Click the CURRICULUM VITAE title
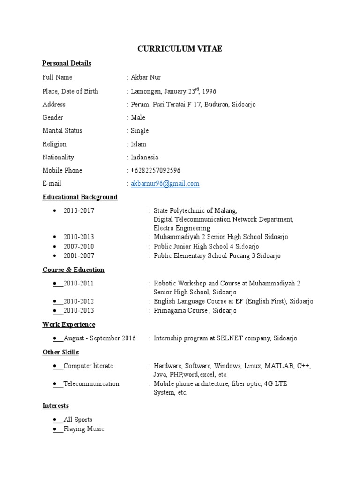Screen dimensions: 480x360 pyautogui.click(x=180, y=49)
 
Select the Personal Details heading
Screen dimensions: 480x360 pyautogui.click(x=67, y=63)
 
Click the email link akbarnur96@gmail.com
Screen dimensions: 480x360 pyautogui.click(x=165, y=184)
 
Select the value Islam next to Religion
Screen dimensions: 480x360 pyautogui.click(x=138, y=144)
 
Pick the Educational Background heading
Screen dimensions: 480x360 pyautogui.click(x=80, y=197)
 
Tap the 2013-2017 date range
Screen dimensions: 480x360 pyautogui.click(x=79, y=211)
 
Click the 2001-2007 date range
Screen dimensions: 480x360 pyautogui.click(x=79, y=256)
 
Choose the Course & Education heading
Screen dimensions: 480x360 pyautogui.click(x=73, y=270)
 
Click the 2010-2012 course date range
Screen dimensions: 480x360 pyautogui.click(x=79, y=301)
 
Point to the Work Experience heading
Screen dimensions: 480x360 pyautogui.click(x=68, y=325)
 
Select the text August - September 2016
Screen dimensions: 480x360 pyautogui.click(x=99, y=338)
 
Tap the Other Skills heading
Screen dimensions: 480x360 pyautogui.click(x=60, y=352)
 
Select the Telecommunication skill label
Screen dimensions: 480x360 pyautogui.click(x=91, y=384)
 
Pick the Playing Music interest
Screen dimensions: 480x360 pyautogui.click(x=84, y=429)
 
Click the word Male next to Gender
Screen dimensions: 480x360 pyautogui.click(x=138, y=118)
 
